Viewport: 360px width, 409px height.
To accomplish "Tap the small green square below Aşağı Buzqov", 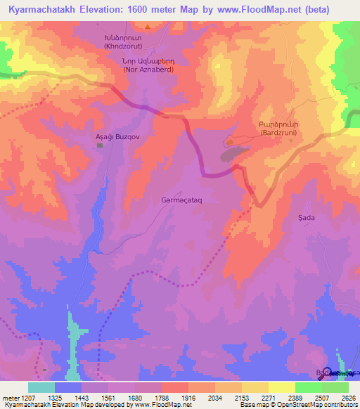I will [x=99, y=145].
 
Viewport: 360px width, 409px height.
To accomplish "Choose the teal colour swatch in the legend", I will [x=41, y=387].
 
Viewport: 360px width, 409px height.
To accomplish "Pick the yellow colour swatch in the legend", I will [x=281, y=387].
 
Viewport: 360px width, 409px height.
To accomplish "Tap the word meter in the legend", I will [x=11, y=398].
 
